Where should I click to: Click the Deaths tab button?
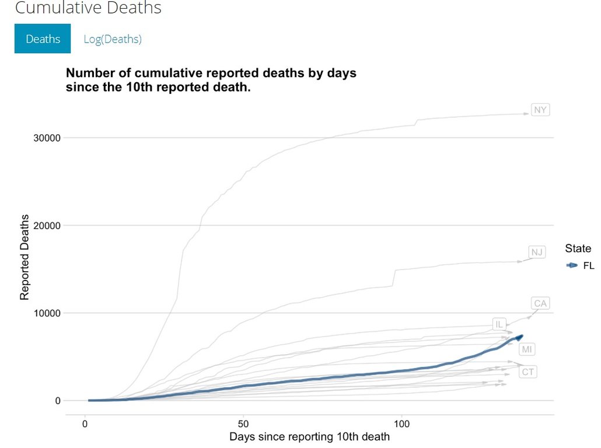coord(43,39)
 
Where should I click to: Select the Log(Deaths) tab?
coord(113,39)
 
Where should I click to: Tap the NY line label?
coord(541,110)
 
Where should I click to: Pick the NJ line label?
coord(537,252)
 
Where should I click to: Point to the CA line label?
coord(540,303)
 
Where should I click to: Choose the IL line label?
coord(498,324)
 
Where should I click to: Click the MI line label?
coord(527,349)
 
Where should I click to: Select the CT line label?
coord(527,372)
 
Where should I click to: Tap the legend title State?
coord(578,249)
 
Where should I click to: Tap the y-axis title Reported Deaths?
coord(25,258)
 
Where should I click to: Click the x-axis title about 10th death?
coord(309,436)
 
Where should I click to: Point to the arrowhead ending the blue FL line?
coord(520,337)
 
